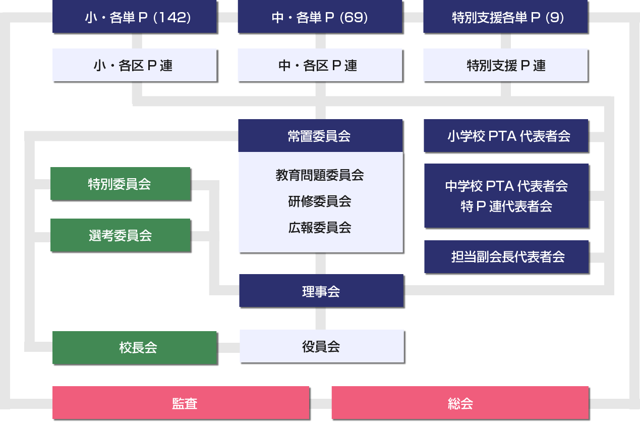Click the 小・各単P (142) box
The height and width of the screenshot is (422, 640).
click(x=134, y=17)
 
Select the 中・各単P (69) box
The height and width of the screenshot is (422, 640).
click(x=320, y=17)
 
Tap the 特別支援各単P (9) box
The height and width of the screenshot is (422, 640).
click(x=505, y=17)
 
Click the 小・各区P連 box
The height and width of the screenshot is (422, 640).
click(x=134, y=65)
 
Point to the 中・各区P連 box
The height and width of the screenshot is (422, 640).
click(x=320, y=65)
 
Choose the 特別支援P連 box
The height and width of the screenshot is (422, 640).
click(x=505, y=65)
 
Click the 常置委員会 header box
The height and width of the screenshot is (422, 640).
click(x=320, y=136)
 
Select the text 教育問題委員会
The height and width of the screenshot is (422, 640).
click(x=320, y=175)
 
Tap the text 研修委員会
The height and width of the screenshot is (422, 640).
click(x=320, y=201)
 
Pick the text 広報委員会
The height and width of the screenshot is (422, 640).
click(x=320, y=228)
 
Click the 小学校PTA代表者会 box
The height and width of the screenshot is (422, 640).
click(x=506, y=136)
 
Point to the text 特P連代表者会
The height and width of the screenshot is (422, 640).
click(x=506, y=206)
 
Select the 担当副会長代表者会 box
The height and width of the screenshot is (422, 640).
click(x=506, y=257)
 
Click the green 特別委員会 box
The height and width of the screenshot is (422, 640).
click(x=120, y=184)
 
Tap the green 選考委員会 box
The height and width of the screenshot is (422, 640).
click(x=120, y=235)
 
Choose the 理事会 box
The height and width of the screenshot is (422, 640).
click(x=321, y=291)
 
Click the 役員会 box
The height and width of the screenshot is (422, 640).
click(x=321, y=346)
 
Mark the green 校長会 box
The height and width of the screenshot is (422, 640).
click(x=134, y=348)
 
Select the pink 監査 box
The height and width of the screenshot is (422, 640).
click(x=181, y=403)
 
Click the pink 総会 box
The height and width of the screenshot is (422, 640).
click(x=460, y=403)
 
